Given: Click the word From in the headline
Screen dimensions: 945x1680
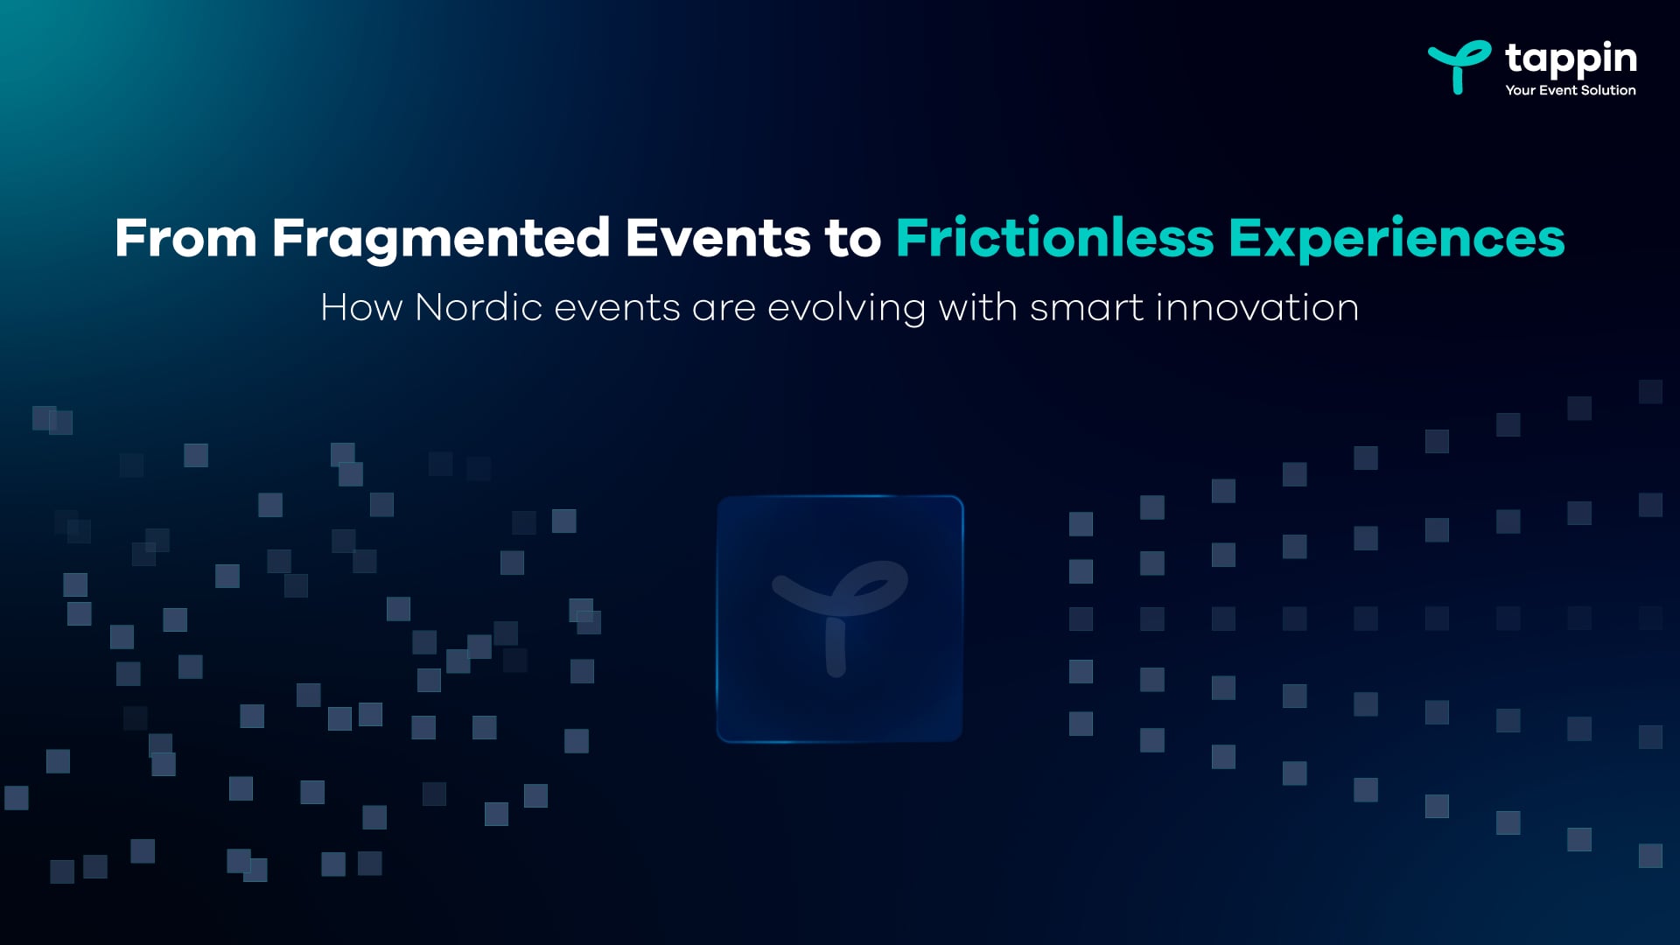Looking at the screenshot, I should click(185, 238).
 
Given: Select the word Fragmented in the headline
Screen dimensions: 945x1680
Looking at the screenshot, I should click(440, 238).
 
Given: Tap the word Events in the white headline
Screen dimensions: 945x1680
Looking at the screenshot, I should click(717, 238).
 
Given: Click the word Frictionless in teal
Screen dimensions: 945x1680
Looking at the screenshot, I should click(1054, 238).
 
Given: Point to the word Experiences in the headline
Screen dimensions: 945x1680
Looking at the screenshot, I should click(1396, 238).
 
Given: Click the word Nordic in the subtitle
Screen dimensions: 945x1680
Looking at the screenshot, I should click(479, 308).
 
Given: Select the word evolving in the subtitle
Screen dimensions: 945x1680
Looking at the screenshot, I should click(846, 308).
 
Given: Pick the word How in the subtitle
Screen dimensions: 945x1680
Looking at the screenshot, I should click(361, 308).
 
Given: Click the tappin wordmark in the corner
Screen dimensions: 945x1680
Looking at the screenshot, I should click(1571, 59).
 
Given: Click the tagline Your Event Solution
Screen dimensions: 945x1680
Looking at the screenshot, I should click(1570, 90).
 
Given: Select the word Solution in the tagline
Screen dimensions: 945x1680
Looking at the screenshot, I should click(1608, 90).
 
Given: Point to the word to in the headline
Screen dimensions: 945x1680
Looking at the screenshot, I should click(852, 238).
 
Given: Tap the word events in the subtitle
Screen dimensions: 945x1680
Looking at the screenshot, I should click(617, 308).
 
